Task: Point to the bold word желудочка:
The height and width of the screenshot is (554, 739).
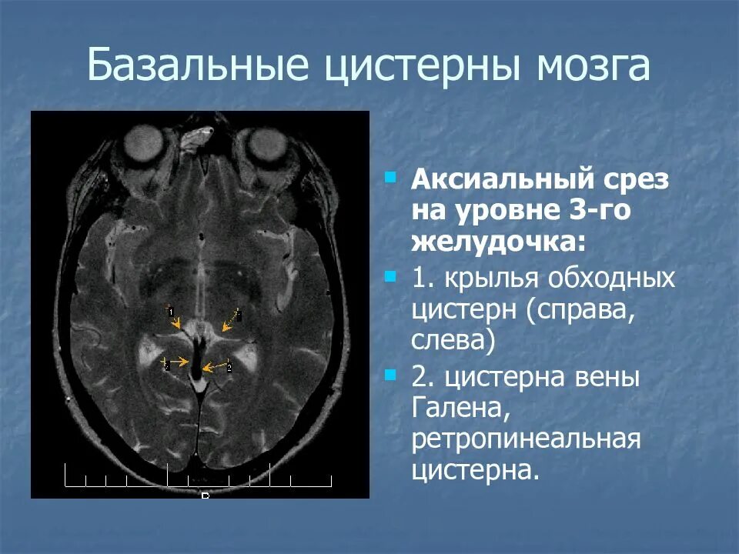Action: pyautogui.click(x=498, y=242)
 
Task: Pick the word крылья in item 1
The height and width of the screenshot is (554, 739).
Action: pyautogui.click(x=496, y=278)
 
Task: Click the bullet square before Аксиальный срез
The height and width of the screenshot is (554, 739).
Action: pyautogui.click(x=391, y=178)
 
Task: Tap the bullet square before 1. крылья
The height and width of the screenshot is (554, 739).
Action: pyautogui.click(x=391, y=275)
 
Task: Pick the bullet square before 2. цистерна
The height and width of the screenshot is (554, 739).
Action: pyautogui.click(x=391, y=375)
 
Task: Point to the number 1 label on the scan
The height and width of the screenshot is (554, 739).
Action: pyautogui.click(x=170, y=311)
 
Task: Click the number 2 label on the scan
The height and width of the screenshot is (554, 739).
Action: pyautogui.click(x=229, y=368)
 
